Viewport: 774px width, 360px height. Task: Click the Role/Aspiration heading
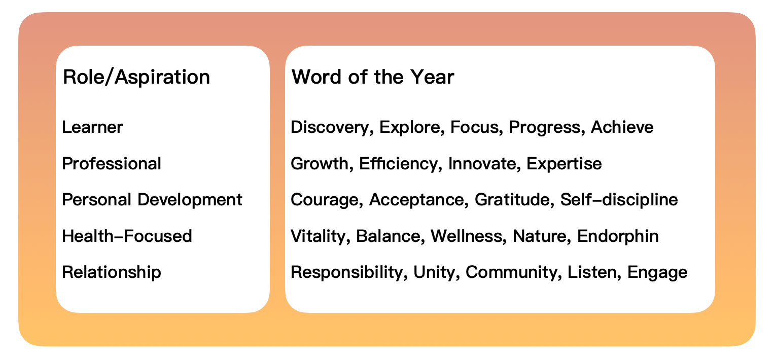[x=136, y=77]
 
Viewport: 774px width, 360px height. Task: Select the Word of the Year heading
[x=373, y=77]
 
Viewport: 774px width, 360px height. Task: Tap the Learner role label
[x=92, y=127]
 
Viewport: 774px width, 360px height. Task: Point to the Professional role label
[x=111, y=163]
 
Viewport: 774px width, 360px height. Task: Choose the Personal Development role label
[x=152, y=200]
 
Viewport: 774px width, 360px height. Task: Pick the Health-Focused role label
[x=127, y=236]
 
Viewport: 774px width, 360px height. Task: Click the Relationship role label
[x=111, y=272]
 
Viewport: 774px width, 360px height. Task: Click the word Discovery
[x=330, y=127]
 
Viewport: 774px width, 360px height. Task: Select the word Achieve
[x=622, y=127]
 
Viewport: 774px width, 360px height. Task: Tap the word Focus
[x=474, y=127]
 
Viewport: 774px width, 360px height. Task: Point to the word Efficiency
[x=398, y=164]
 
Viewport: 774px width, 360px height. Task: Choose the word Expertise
[x=564, y=164]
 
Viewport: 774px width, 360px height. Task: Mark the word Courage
[x=325, y=200]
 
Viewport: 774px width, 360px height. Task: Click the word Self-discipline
[x=619, y=200]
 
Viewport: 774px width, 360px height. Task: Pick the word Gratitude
[x=512, y=200]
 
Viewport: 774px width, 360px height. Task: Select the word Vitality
[x=318, y=236]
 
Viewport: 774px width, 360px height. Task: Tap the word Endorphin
[x=618, y=236]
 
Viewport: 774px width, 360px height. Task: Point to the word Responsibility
[x=346, y=273]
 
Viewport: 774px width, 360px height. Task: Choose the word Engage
[x=657, y=273]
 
